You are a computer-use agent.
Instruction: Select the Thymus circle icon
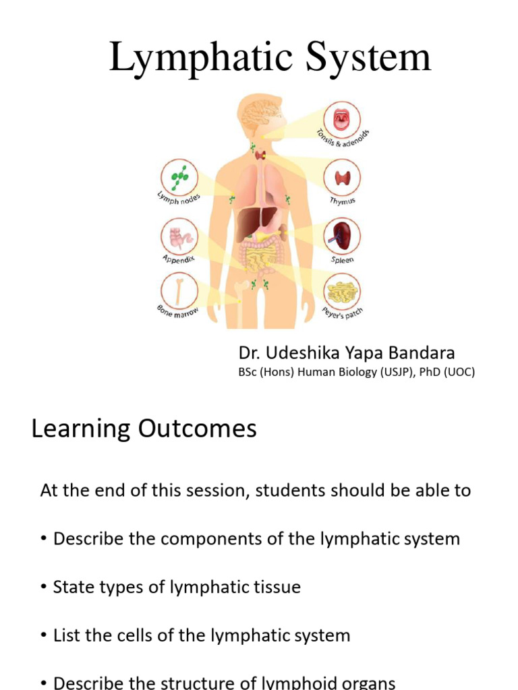(x=342, y=179)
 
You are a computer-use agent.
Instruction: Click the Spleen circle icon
(x=342, y=236)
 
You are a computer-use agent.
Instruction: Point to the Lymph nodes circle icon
(x=179, y=177)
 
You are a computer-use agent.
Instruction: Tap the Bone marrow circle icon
(x=179, y=290)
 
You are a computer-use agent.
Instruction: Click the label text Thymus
(x=342, y=201)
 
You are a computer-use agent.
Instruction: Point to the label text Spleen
(x=342, y=259)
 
